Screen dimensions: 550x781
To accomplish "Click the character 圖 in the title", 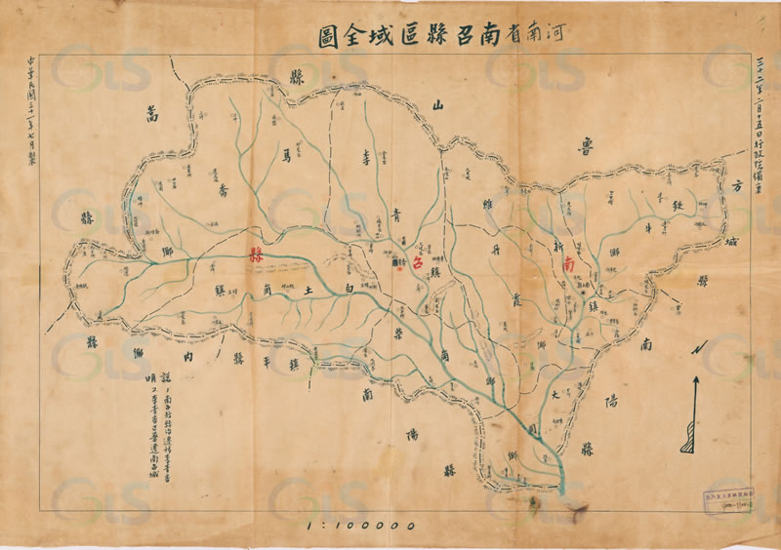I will (322, 40).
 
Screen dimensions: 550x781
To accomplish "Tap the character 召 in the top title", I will (440, 39).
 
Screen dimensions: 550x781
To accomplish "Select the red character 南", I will (570, 263).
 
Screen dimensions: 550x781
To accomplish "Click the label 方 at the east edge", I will (737, 186).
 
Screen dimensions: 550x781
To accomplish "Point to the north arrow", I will (694, 414).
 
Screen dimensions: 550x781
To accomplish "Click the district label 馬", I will (287, 154).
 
